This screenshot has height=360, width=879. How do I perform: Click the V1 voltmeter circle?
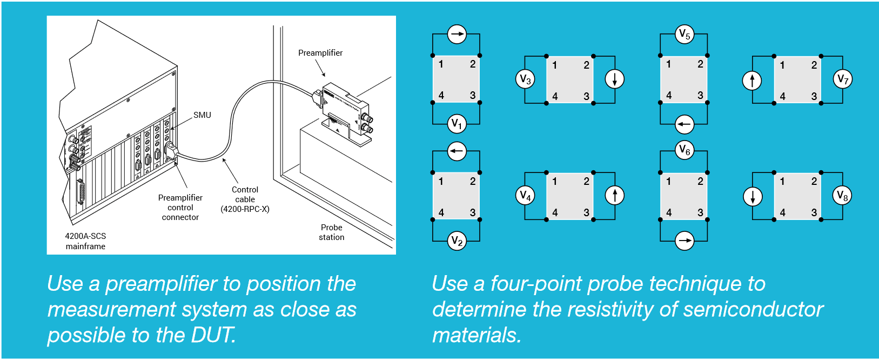click(x=457, y=124)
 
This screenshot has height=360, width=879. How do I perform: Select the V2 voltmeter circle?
click(x=457, y=241)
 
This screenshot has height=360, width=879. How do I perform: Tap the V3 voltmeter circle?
click(x=525, y=79)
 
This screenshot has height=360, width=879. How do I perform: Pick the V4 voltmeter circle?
click(x=525, y=196)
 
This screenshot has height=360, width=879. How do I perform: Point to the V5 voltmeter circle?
click(x=685, y=34)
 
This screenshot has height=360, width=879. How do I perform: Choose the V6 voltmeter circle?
click(x=685, y=150)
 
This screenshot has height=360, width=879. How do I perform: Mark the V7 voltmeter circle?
click(x=843, y=79)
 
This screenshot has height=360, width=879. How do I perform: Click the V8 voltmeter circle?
click(x=843, y=196)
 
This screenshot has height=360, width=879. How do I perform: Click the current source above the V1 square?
click(x=457, y=34)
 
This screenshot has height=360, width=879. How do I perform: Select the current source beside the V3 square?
click(x=615, y=79)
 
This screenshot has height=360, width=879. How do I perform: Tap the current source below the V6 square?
click(x=685, y=241)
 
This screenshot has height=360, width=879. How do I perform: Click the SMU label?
click(x=202, y=115)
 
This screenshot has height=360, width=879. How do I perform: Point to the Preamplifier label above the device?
click(x=320, y=53)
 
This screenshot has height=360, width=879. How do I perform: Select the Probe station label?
click(x=332, y=232)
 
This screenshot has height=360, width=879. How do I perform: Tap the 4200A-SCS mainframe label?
click(x=85, y=241)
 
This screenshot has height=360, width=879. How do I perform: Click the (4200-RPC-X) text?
click(x=245, y=209)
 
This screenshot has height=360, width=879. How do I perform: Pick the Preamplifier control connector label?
click(x=180, y=208)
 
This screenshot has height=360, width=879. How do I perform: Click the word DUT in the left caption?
click(x=213, y=335)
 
